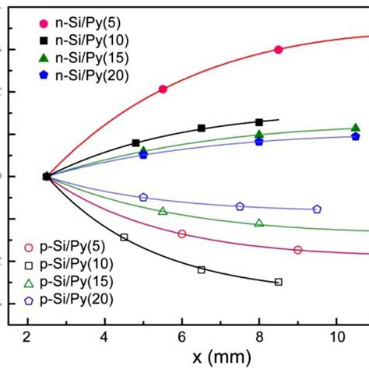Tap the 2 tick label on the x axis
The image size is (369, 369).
coord(27,336)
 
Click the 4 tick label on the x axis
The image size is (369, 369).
coord(104,336)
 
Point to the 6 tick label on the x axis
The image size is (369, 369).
coord(182,336)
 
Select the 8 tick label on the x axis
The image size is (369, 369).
coord(259,336)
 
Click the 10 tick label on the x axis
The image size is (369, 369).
coord(336,336)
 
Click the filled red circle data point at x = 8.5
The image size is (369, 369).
coord(279,49)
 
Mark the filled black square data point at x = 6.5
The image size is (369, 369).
coord(202,128)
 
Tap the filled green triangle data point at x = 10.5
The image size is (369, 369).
coord(356,128)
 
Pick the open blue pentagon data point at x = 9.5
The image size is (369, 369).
coord(317,209)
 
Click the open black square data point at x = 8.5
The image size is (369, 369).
coord(279,282)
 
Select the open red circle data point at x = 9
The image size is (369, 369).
coord(298,250)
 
